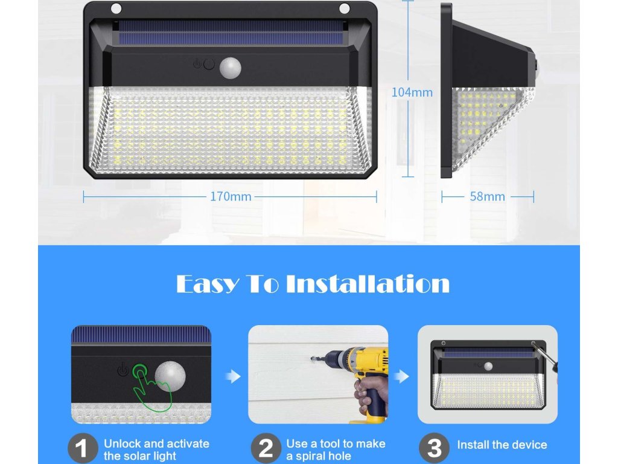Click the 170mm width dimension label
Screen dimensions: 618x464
pos(231,196)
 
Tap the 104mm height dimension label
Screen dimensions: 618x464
pos(412,92)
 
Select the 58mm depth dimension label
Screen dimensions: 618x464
pos(487,196)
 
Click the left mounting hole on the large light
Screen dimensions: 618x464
pos(116,8)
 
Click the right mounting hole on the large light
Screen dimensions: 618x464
pos(344,8)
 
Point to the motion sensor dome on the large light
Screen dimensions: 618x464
pos(231,68)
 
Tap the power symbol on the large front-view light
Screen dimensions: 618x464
pos(197,63)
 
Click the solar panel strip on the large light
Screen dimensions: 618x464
pos(231,33)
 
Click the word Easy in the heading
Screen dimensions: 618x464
pos(208,284)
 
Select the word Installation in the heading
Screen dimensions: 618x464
pos(368,283)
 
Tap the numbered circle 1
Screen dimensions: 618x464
pos(82,448)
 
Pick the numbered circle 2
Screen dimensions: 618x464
pos(266,448)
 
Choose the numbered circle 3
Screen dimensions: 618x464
pos(435,448)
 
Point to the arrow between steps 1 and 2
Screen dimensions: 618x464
pos(234,376)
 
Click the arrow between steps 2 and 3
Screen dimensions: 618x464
pos(402,376)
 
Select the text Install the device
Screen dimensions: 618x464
pos(502,445)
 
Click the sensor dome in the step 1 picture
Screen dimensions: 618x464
pos(170,376)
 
